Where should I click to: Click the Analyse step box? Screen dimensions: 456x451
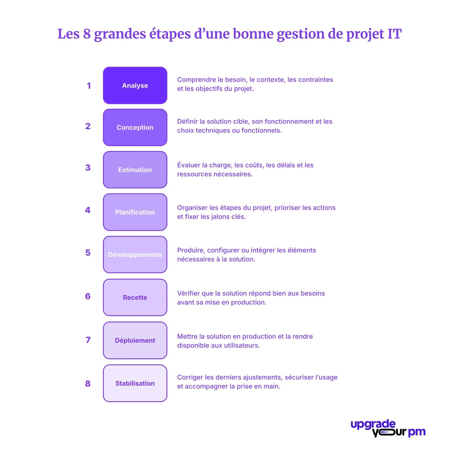(x=135, y=85)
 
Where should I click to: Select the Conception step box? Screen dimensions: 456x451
(x=135, y=127)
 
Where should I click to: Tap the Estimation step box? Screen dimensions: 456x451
(x=135, y=170)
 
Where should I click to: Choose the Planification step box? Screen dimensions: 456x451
(x=135, y=212)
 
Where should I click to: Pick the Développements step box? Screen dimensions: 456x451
(x=135, y=255)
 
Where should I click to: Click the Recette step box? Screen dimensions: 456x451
(x=135, y=297)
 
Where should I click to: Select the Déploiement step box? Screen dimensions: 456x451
(x=135, y=340)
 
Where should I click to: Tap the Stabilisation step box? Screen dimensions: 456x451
(x=135, y=383)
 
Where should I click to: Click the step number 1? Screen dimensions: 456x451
(x=89, y=86)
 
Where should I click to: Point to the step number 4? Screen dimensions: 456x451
(x=88, y=210)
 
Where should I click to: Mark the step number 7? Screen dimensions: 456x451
(x=88, y=340)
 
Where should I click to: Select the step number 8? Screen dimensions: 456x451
(x=88, y=383)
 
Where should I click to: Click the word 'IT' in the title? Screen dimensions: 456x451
(x=394, y=34)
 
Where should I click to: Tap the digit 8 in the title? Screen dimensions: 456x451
(x=87, y=34)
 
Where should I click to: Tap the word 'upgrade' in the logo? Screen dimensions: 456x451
(x=373, y=425)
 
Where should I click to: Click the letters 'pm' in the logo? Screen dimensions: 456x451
(x=417, y=432)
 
